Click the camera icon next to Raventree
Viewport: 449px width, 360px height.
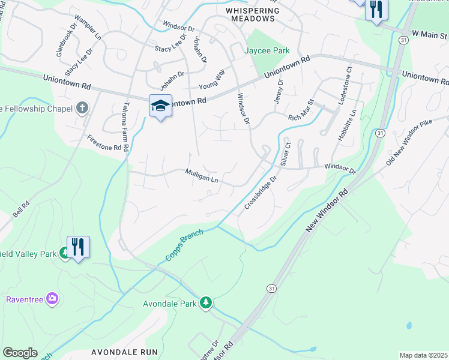coord(52,298)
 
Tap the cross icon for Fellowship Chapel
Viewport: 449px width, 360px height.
coord(82,108)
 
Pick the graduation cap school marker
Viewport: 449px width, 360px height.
coord(160,106)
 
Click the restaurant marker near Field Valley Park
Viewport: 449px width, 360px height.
coord(79,247)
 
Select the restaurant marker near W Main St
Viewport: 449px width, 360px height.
coord(376,10)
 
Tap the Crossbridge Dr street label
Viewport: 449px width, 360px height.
coord(261,193)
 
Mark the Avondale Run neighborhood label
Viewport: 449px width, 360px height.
coord(125,352)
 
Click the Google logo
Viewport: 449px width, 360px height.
coord(20,353)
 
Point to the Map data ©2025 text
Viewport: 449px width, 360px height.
coord(423,355)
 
